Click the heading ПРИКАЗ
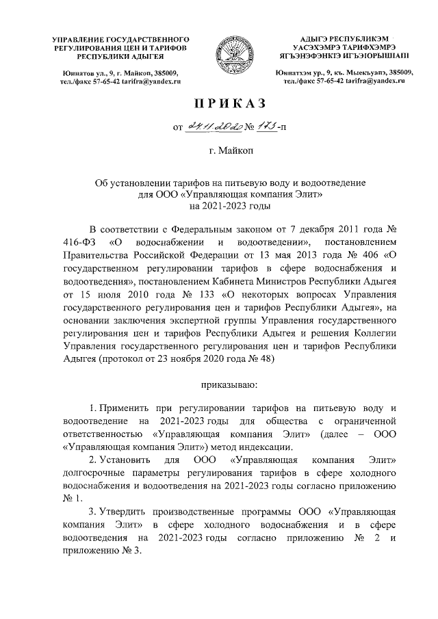click(x=219, y=103)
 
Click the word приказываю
click(x=219, y=386)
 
